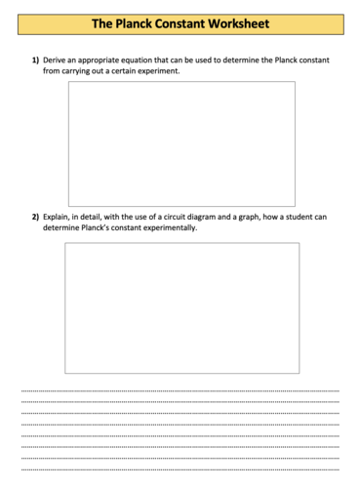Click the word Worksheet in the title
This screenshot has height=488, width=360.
(234, 22)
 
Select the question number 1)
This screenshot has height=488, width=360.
(34, 61)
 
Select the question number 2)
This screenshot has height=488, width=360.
(34, 218)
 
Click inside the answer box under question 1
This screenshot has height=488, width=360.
(180, 143)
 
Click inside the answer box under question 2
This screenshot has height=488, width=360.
(181, 307)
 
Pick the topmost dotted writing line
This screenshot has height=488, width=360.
(180, 390)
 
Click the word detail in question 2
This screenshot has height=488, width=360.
(105, 218)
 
